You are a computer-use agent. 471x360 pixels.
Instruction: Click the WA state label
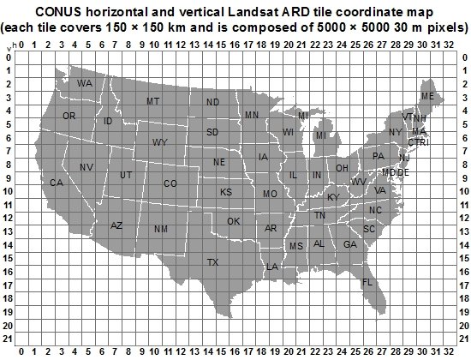point(84,84)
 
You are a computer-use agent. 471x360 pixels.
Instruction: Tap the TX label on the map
point(212,261)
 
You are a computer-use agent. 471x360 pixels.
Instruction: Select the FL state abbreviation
point(367,282)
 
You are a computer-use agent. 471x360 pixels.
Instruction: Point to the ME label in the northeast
point(427,96)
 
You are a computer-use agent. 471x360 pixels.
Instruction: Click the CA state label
point(57,183)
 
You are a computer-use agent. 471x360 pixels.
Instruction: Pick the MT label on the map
point(153,101)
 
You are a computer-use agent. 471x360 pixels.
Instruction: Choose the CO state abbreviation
point(170,183)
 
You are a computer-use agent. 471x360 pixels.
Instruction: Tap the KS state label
point(226,192)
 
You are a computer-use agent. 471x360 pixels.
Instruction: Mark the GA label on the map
point(349,244)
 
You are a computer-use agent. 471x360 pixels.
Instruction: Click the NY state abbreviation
point(395,132)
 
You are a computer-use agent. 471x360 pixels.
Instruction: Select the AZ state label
point(117,225)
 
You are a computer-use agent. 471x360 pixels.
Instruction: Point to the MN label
point(252,115)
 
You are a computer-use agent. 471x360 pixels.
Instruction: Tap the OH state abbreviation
point(342,168)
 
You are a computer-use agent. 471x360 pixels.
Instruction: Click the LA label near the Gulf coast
point(272,267)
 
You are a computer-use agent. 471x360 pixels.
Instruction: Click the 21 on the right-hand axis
point(463,327)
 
